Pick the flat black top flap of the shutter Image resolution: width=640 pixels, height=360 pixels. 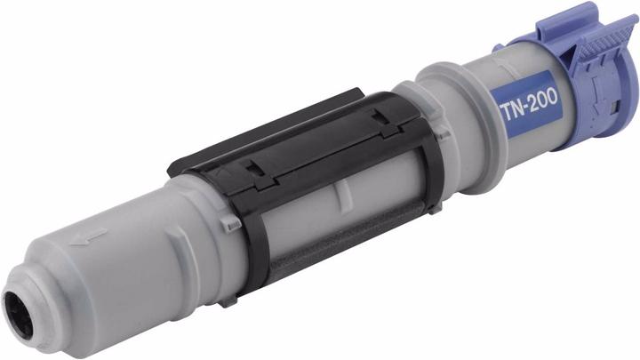[x=293, y=133]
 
